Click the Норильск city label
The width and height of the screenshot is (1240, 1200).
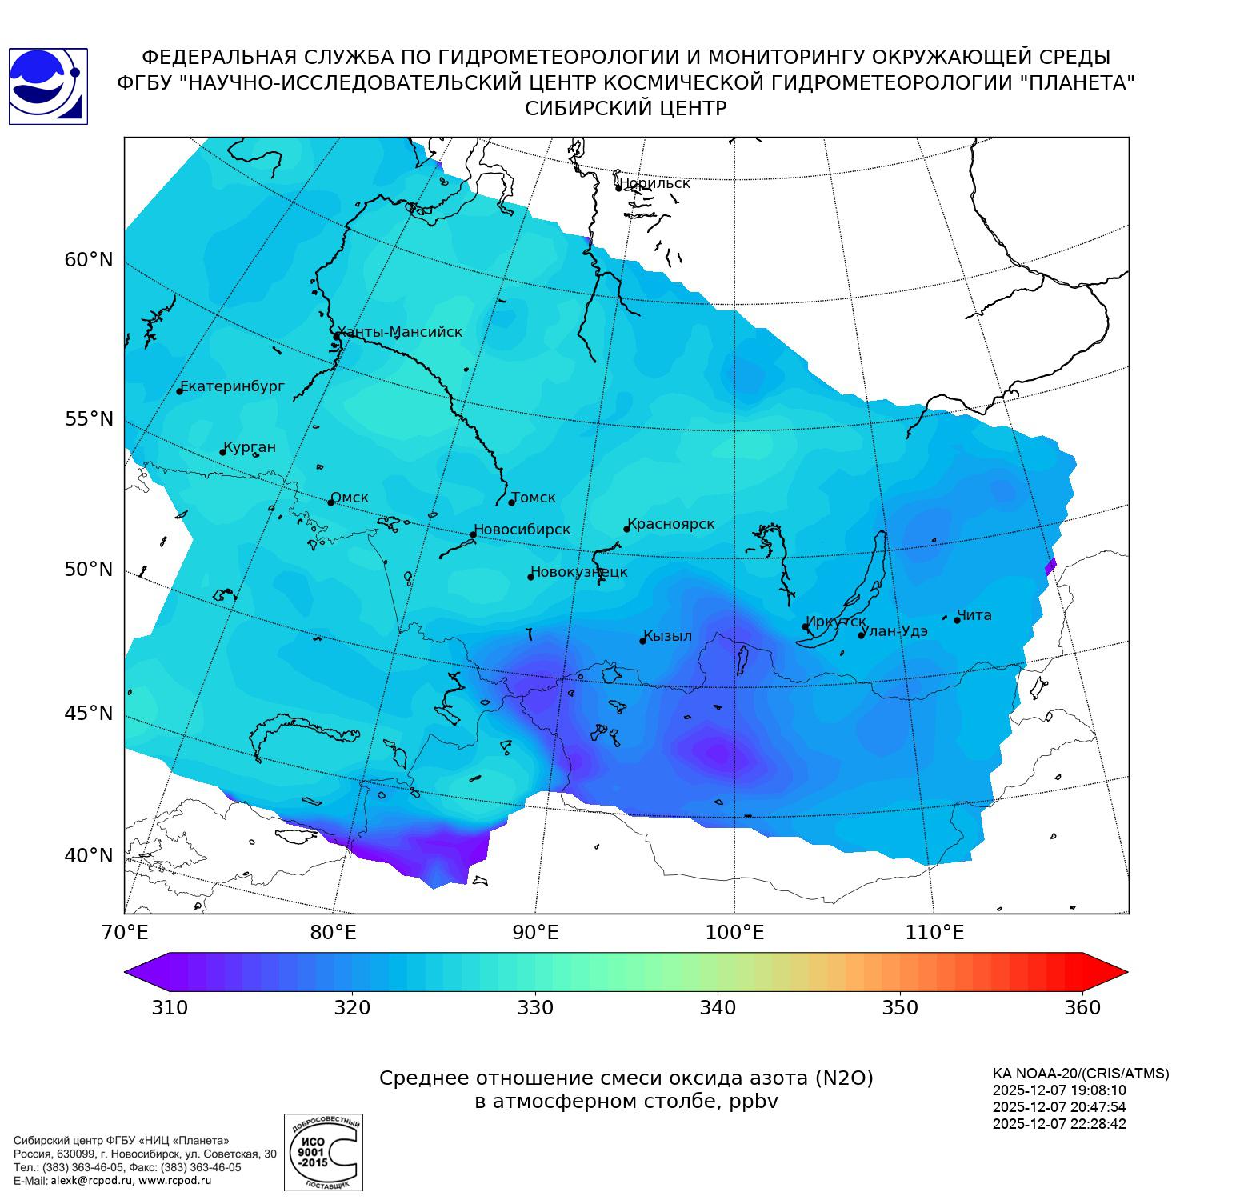654,183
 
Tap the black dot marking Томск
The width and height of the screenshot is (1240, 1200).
512,502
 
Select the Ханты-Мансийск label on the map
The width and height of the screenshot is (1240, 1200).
399,332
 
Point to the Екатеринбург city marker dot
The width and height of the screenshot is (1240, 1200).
180,390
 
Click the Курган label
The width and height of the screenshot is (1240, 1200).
250,447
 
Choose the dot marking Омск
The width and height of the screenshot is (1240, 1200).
330,502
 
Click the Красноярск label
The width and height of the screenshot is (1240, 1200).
671,525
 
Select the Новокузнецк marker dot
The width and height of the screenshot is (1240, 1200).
530,577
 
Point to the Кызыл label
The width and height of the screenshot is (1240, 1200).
668,636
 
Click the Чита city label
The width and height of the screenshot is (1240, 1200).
974,615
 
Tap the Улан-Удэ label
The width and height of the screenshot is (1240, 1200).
894,631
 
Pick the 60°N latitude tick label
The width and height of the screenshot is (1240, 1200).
89,260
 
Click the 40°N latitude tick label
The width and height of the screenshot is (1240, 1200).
89,856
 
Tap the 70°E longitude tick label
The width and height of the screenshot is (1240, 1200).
126,933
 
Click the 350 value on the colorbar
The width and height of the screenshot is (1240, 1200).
900,1007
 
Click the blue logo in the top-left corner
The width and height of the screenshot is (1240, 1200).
47,86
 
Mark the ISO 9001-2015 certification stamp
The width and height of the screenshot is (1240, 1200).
323,1152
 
